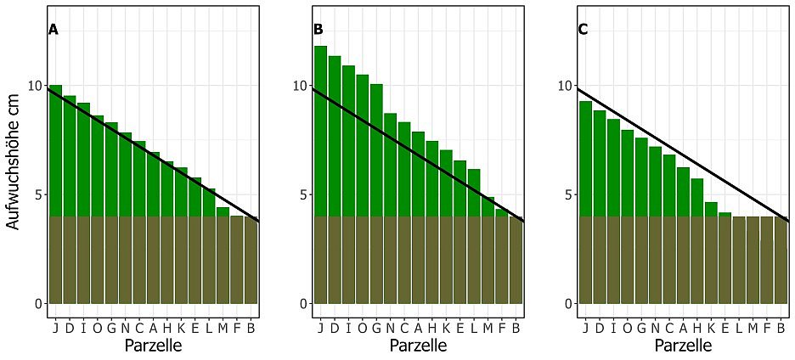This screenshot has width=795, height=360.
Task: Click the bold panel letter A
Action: tap(53, 30)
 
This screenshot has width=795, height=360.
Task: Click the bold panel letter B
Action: tap(319, 30)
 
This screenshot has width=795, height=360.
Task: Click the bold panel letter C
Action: tap(584, 30)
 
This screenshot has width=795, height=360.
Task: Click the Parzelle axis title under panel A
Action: tap(153, 346)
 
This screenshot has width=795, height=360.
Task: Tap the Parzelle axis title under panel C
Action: tap(683, 346)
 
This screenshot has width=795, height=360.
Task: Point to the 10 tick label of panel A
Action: tap(34, 86)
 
